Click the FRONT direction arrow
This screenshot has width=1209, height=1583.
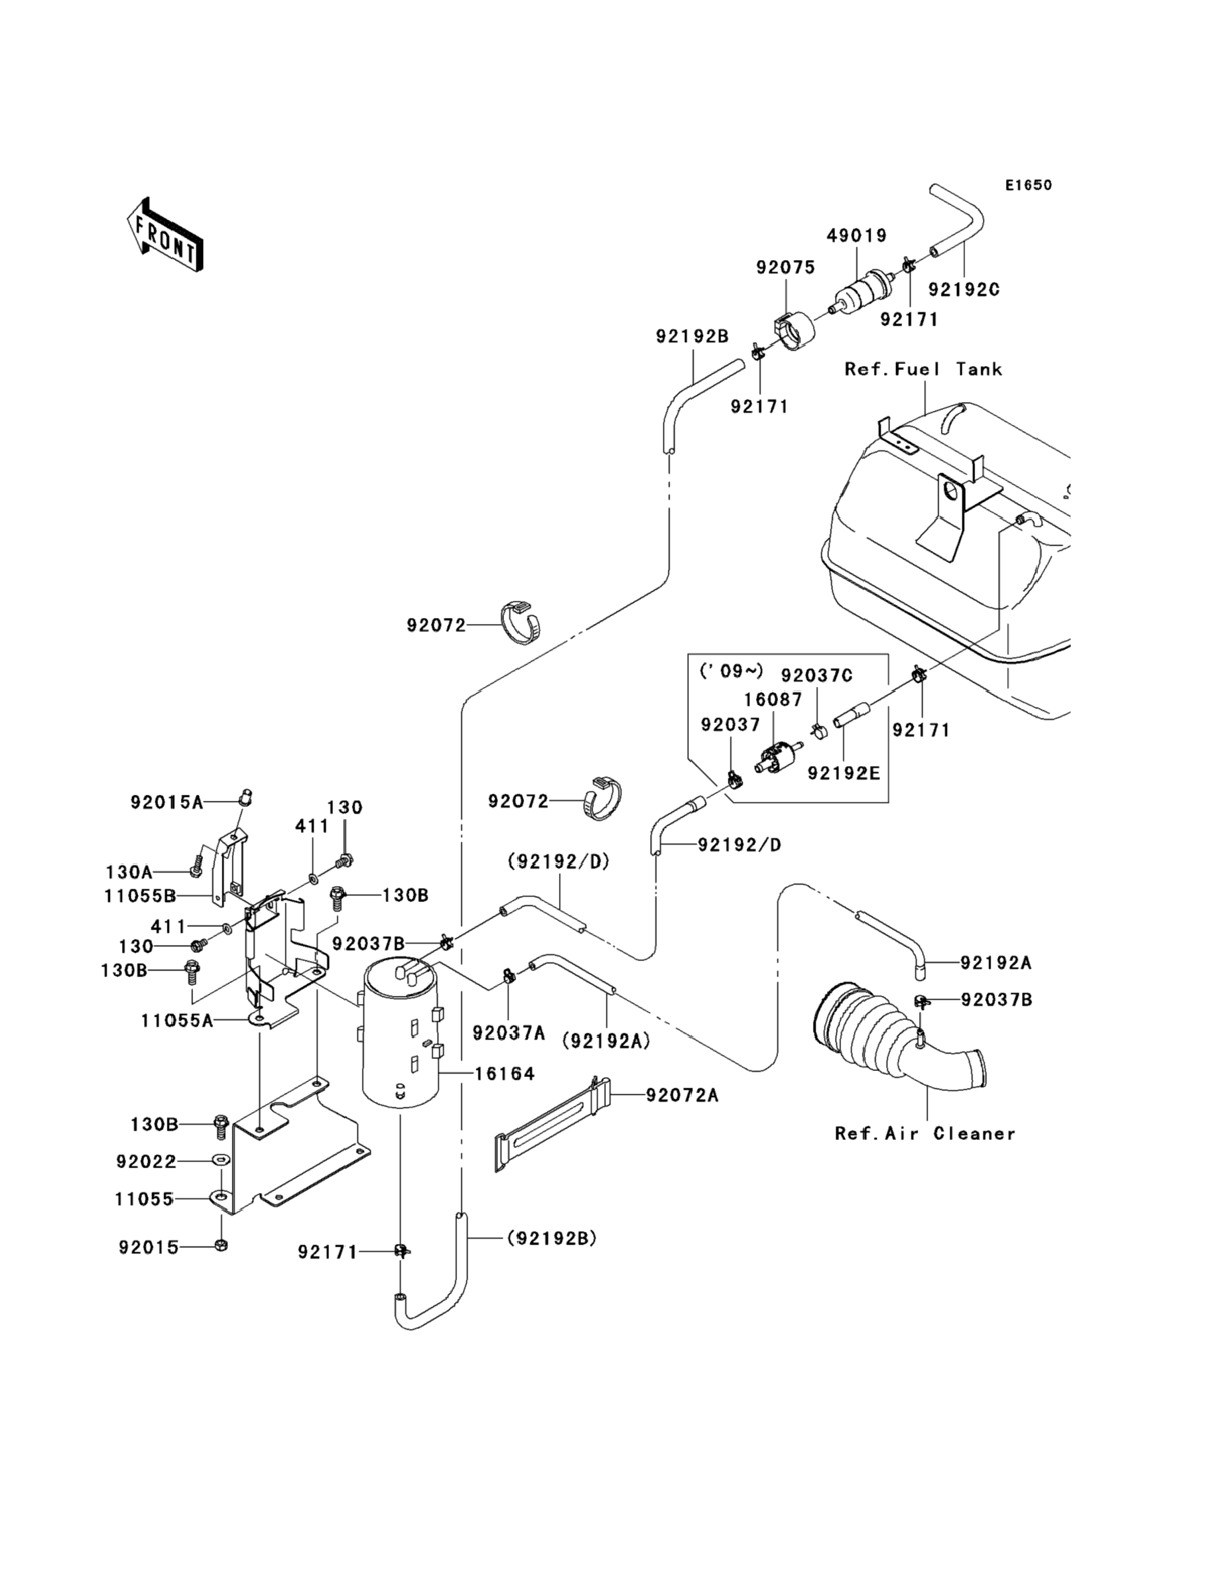click(x=165, y=235)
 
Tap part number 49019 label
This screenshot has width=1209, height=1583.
click(x=856, y=236)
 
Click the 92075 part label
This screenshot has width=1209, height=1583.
click(x=785, y=267)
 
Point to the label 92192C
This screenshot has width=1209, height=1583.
click(x=964, y=290)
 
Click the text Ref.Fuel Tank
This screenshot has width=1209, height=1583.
click(x=924, y=370)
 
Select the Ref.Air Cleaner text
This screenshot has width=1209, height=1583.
click(x=925, y=1134)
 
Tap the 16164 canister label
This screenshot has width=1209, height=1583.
click(x=505, y=1074)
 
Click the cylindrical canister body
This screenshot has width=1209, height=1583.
click(x=401, y=1043)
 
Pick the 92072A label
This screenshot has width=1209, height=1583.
click(x=682, y=1095)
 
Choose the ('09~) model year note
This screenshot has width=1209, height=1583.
click(x=731, y=672)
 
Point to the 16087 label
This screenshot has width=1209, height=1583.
click(x=773, y=700)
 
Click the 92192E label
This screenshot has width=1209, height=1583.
click(x=844, y=773)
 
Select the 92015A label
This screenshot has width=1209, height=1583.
click(x=167, y=802)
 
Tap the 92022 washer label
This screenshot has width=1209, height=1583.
click(x=146, y=1162)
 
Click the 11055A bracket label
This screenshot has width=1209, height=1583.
click(x=177, y=1020)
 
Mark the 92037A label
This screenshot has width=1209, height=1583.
click(x=509, y=1033)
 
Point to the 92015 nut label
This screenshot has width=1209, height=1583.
click(x=149, y=1248)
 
